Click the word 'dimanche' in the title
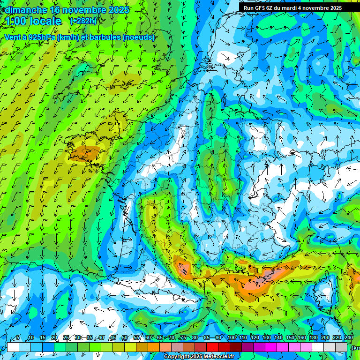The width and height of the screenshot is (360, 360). [x=26, y=10]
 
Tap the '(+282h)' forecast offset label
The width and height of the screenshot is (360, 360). [x=83, y=21]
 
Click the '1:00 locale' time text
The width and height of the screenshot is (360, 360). [x=33, y=21]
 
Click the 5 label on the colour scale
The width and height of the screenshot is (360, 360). [x=18, y=338]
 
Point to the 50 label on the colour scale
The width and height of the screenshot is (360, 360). [x=124, y=338]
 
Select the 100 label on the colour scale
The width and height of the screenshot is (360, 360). [x=231, y=338]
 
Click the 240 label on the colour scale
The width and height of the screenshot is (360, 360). [x=348, y=338]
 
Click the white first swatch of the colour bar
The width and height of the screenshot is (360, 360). [x=13, y=347]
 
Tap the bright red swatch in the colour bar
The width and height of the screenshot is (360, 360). [x=212, y=347]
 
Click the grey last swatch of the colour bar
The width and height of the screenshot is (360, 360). [x=342, y=347]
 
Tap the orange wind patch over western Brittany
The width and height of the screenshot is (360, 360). [x=84, y=153]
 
